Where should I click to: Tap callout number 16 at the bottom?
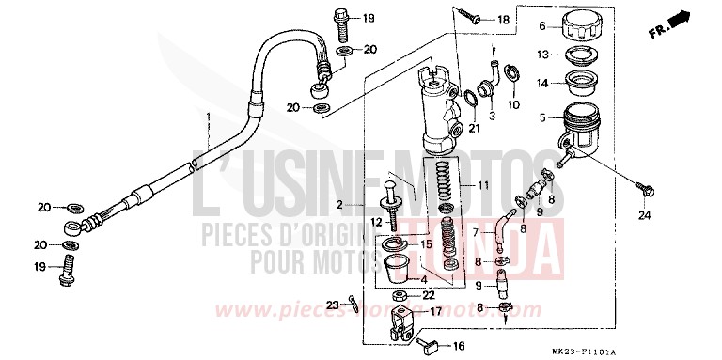(459, 346)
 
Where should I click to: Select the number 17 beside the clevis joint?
(435, 311)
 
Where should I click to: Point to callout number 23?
(333, 304)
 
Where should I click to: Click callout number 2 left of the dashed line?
(367, 204)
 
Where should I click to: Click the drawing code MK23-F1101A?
(675, 348)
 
